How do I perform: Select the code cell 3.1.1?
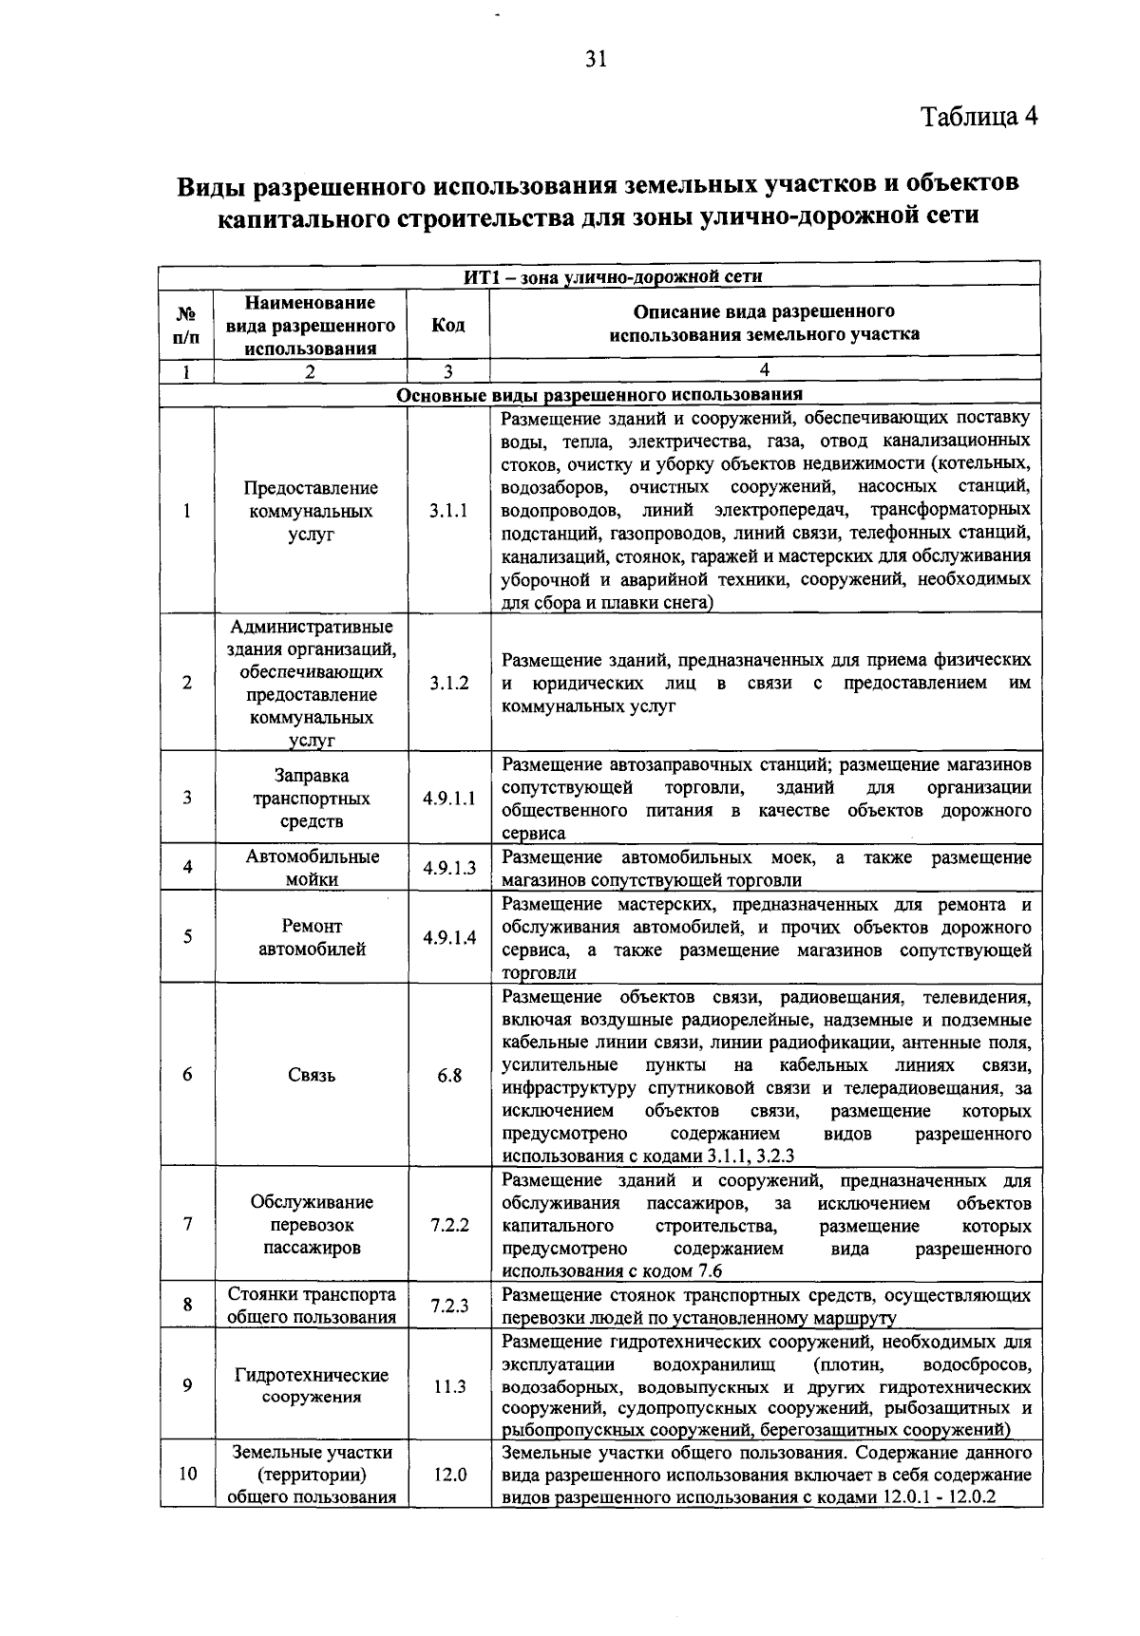[448, 511]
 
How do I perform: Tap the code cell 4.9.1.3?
[448, 868]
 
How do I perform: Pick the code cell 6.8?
[448, 1075]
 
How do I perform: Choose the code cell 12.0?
[448, 1475]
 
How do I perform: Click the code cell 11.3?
[448, 1386]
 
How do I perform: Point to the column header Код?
[448, 325]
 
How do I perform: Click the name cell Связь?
[312, 1075]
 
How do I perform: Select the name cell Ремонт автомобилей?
[312, 937]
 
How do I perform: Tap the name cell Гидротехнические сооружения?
[312, 1386]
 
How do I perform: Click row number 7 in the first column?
[188, 1224]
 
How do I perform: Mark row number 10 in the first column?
[188, 1475]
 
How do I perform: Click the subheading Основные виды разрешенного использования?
[599, 394]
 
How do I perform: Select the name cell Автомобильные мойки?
[312, 868]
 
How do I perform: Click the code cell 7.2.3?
[448, 1306]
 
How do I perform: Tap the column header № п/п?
[188, 325]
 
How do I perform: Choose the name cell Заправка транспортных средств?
[312, 799]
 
